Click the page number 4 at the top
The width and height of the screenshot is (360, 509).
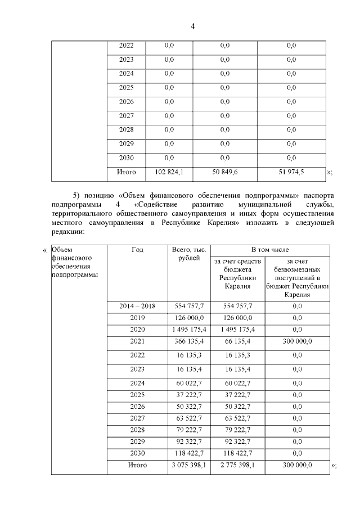(x=192, y=26)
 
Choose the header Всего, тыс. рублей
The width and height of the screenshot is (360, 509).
(x=185, y=254)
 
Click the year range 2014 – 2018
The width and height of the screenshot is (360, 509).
(x=137, y=306)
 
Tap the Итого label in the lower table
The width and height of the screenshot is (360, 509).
(x=137, y=465)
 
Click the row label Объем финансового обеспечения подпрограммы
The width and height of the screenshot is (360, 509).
(x=73, y=262)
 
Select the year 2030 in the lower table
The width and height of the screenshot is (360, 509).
(x=137, y=453)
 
